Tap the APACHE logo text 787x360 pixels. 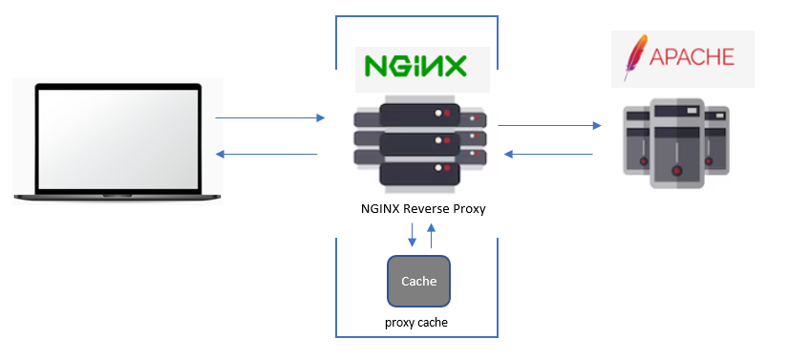(x=692, y=56)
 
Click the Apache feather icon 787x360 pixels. (x=631, y=57)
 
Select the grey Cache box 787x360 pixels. (x=417, y=281)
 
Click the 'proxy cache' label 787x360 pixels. (x=416, y=323)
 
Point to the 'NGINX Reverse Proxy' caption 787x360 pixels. (x=417, y=209)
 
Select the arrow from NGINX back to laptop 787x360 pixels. (x=266, y=154)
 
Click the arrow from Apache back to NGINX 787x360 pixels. (x=549, y=154)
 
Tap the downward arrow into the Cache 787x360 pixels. (x=411, y=235)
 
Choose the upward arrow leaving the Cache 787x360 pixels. (x=431, y=235)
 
